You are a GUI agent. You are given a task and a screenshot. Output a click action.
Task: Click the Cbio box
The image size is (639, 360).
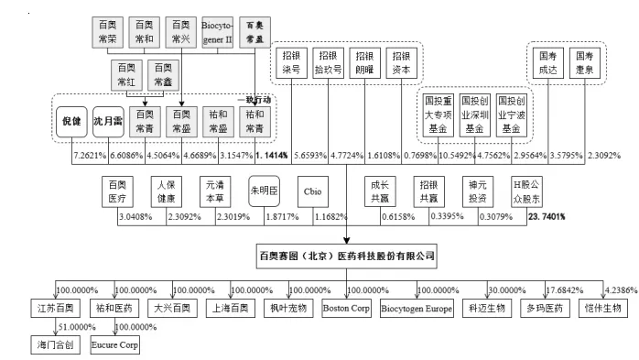click(x=311, y=192)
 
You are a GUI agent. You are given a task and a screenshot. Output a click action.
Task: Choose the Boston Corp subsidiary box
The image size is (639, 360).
click(x=346, y=309)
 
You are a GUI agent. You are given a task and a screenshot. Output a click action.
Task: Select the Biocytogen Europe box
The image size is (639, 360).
click(x=417, y=309)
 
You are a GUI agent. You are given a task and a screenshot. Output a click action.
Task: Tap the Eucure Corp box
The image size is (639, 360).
click(x=114, y=347)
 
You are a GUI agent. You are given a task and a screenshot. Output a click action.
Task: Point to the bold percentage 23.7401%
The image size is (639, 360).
click(x=547, y=218)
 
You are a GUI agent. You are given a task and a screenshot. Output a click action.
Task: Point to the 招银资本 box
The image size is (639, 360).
click(x=399, y=62)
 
